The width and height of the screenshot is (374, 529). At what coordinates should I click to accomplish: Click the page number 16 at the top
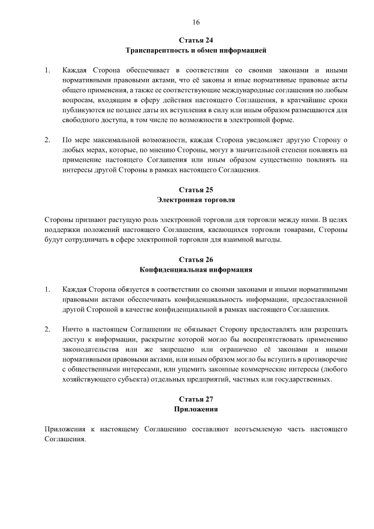coord(196,22)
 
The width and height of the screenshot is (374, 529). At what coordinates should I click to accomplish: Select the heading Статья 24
coord(196,40)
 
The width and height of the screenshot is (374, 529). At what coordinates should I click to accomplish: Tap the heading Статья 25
coord(196,189)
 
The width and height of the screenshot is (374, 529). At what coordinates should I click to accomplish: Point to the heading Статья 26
coord(196,260)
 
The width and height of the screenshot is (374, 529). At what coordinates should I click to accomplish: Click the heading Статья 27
coord(196,399)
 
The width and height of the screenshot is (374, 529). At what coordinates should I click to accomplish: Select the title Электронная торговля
coord(196,200)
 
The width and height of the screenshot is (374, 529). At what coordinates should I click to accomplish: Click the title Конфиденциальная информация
coord(196,270)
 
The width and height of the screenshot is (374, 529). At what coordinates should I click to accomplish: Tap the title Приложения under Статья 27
coord(196,410)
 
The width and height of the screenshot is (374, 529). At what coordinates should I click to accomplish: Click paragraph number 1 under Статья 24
coord(47,71)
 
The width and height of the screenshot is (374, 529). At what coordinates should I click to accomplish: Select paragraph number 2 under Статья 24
coord(47,141)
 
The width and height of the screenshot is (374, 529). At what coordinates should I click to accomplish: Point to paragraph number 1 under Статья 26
coord(47,289)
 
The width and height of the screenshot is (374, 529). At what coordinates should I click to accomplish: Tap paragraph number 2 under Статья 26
coord(47,329)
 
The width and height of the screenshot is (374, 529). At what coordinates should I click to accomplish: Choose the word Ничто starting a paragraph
coord(72,329)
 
